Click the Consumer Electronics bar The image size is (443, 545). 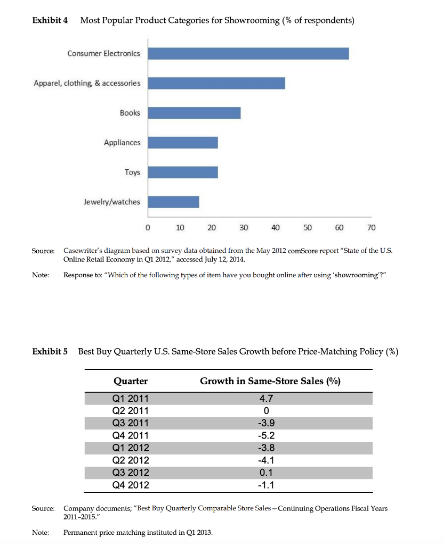click(x=248, y=53)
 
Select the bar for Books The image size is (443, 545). click(x=194, y=113)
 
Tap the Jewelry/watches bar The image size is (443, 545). click(x=173, y=202)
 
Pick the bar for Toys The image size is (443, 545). click(x=183, y=172)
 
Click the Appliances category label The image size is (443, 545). click(x=123, y=143)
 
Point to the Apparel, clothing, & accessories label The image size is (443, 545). click(x=87, y=83)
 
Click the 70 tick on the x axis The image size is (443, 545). click(x=372, y=228)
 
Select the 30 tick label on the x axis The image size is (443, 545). click(x=244, y=228)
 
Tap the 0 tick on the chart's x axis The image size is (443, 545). click(x=148, y=228)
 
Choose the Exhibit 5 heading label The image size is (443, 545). click(x=50, y=351)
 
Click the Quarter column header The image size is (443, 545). click(x=131, y=381)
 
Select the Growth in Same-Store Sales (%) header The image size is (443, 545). click(x=270, y=381)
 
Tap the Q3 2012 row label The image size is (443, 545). click(x=131, y=473)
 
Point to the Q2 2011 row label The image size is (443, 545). click(x=131, y=411)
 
